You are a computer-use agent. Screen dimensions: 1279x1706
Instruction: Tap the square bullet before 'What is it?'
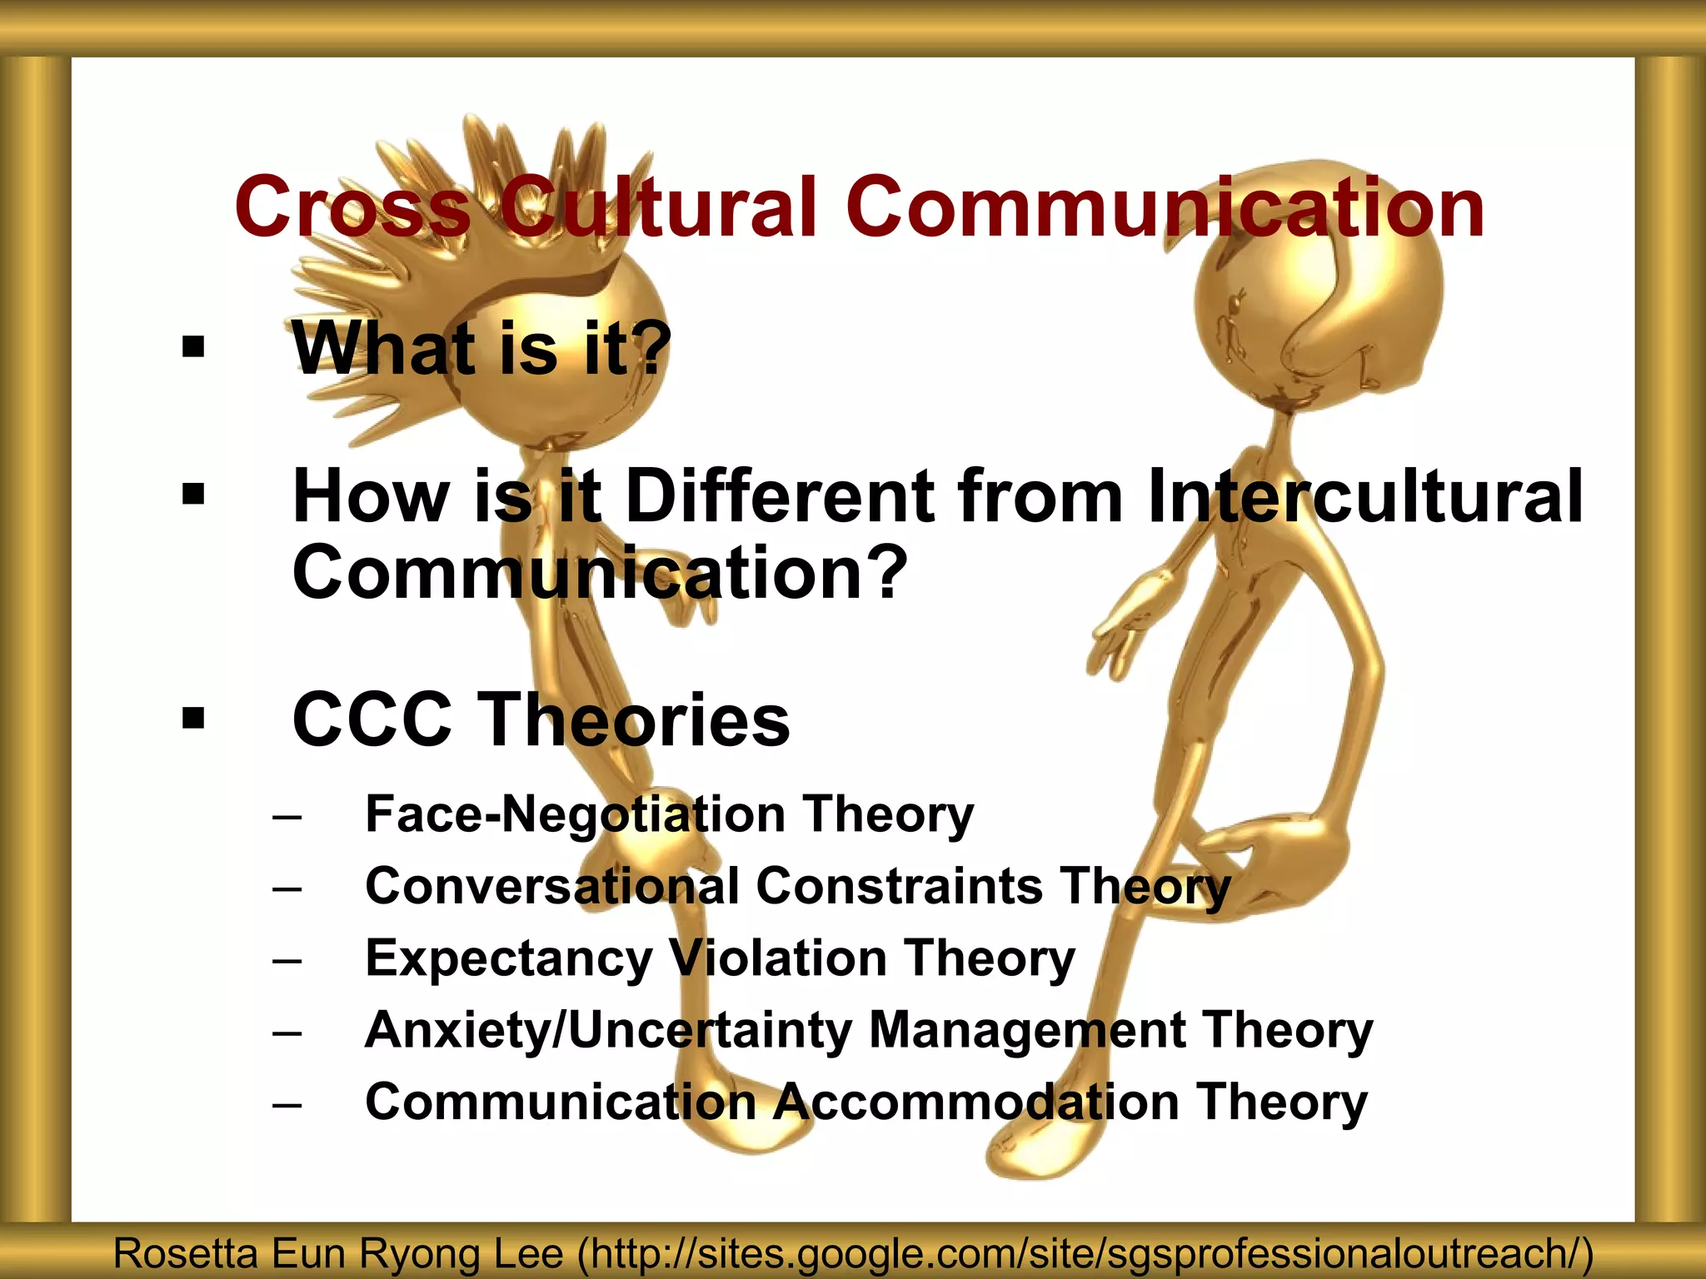[x=193, y=346]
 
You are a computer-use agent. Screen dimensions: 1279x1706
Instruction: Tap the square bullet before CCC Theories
[x=193, y=718]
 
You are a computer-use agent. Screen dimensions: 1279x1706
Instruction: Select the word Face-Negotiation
[x=575, y=814]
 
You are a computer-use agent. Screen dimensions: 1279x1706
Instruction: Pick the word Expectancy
[x=508, y=959]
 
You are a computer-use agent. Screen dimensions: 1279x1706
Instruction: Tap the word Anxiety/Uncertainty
[x=608, y=1031]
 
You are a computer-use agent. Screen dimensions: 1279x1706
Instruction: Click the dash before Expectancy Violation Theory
[x=287, y=960]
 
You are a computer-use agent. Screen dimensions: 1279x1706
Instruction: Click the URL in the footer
[x=1083, y=1254]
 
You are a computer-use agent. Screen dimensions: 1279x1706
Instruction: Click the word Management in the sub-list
[x=1026, y=1031]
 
